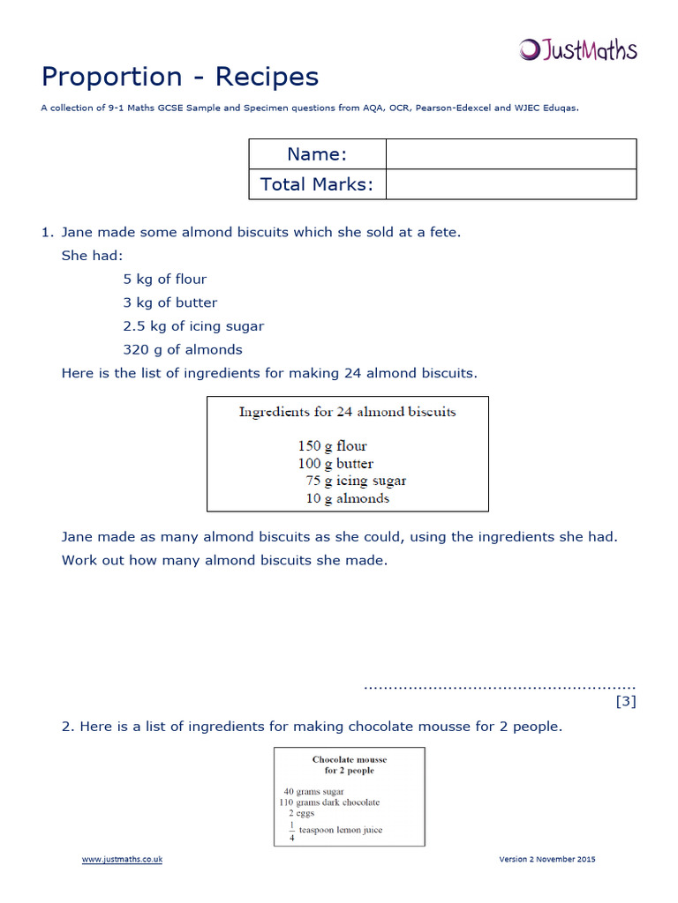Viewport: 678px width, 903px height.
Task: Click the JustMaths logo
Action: point(577,49)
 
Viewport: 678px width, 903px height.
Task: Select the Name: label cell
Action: point(317,154)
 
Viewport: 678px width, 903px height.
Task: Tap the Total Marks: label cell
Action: point(317,184)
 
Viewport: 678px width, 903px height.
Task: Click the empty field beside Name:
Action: point(510,154)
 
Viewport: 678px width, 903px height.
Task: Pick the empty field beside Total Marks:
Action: point(510,184)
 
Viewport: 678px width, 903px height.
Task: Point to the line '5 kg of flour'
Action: point(165,280)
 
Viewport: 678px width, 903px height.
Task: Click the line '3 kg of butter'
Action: point(170,302)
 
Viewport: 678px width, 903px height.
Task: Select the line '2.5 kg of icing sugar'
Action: point(193,326)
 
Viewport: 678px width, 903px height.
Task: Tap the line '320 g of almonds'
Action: point(183,349)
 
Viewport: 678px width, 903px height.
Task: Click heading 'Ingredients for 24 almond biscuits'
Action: point(347,412)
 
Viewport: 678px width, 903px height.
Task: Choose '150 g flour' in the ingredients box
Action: point(332,446)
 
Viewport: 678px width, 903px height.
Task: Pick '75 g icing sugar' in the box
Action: point(356,481)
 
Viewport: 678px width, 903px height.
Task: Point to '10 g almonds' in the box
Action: point(347,498)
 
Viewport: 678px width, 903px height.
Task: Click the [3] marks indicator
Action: point(625,702)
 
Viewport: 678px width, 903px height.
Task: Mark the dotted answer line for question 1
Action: point(499,685)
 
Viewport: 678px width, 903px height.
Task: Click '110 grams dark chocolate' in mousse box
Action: point(328,802)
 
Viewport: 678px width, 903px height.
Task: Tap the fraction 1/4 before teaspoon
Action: point(290,831)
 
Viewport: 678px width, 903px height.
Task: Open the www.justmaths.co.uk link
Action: point(123,860)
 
